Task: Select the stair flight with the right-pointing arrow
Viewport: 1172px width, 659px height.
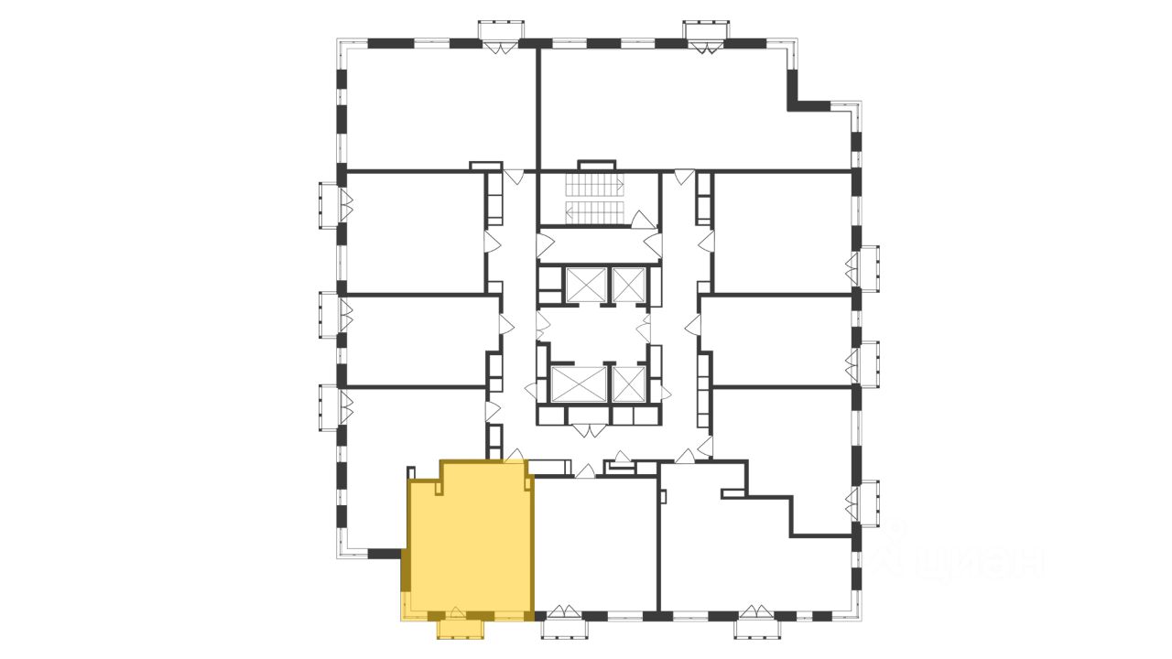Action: tap(593, 186)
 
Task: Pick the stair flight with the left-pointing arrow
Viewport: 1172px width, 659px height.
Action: tap(593, 213)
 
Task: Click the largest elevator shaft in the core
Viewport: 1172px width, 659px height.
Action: tap(579, 384)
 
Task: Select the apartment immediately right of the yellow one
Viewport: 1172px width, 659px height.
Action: tap(595, 545)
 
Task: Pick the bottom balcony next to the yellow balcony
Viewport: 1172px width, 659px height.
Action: tap(564, 628)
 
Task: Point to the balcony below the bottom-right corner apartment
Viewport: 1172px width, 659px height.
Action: tap(757, 628)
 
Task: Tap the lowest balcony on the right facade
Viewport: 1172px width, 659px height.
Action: tap(867, 504)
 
